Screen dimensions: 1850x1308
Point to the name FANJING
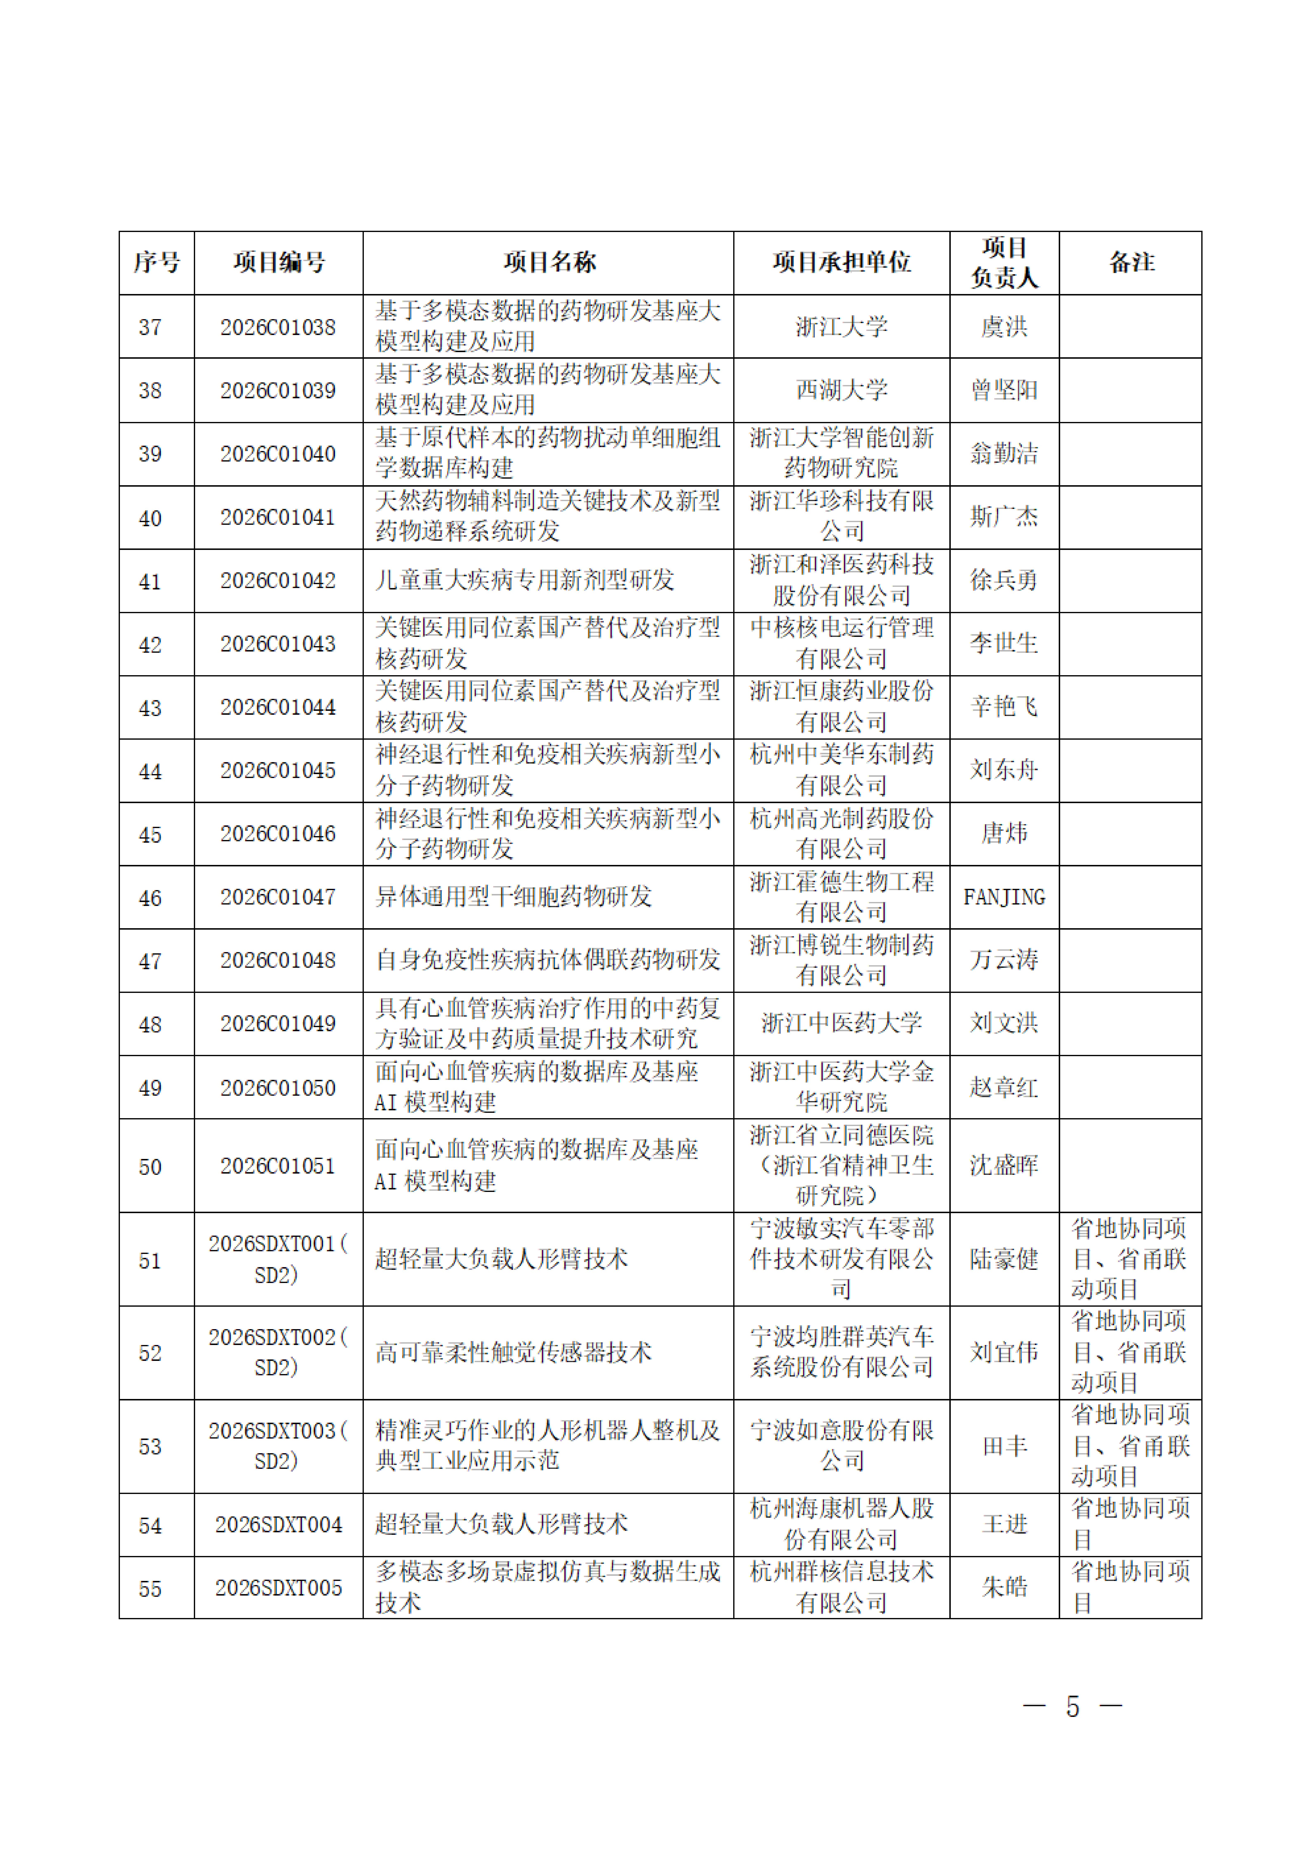tap(1004, 897)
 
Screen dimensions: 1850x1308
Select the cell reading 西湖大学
tap(841, 390)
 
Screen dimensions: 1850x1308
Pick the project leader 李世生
tap(1004, 643)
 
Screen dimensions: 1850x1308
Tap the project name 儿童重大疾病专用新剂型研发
tap(525, 580)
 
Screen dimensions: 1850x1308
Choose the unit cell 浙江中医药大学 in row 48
tap(841, 1023)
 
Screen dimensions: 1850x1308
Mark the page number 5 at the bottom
tap(1072, 1707)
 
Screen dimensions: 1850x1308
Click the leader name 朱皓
tap(1004, 1587)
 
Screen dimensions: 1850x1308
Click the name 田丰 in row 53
tap(1004, 1446)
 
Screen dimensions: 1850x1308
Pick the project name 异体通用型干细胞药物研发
tap(513, 897)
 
